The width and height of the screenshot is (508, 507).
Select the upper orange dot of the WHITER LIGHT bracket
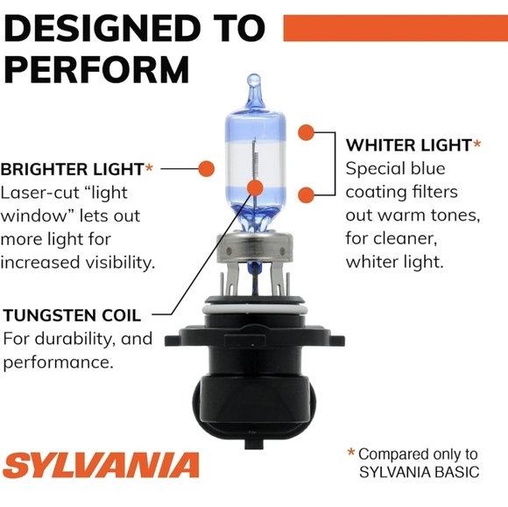306,133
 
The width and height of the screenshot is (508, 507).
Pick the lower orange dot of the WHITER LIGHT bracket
306,194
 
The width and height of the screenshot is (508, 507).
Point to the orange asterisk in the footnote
351,454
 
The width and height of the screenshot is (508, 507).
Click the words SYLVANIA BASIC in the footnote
420,473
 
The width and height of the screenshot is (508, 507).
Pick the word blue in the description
427,168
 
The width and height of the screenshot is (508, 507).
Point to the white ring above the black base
254,308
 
